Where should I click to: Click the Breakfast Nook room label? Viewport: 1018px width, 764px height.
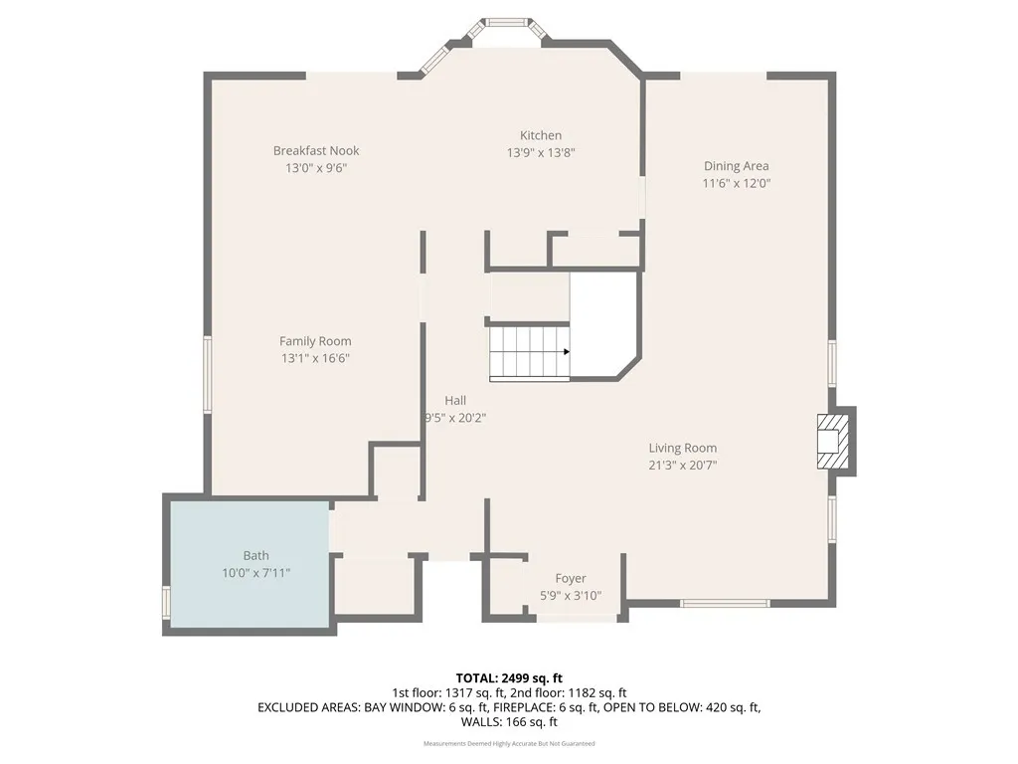316,150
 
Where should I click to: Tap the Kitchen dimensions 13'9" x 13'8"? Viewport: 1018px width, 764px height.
541,152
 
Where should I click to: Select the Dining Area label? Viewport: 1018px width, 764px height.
736,166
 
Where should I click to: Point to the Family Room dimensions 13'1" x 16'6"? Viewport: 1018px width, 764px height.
315,358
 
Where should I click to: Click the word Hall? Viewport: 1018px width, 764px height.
455,400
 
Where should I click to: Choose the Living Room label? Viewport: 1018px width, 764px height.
682,448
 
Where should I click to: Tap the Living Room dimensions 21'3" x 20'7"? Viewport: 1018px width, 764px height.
682,465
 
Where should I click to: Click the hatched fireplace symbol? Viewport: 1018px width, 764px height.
832,441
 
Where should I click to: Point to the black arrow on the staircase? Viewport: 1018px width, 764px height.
565,351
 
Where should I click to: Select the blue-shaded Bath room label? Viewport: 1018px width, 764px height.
255,555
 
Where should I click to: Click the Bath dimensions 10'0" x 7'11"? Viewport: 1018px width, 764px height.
255,573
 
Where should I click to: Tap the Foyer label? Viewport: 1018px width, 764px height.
570,578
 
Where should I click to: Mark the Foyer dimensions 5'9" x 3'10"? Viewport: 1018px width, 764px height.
570,596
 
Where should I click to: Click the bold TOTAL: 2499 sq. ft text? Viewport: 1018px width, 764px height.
509,677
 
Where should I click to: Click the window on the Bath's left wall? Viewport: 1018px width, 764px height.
167,603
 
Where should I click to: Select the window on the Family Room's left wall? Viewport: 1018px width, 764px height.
208,374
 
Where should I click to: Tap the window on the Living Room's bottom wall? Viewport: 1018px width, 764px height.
725,603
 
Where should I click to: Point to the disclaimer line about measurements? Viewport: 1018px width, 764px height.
509,743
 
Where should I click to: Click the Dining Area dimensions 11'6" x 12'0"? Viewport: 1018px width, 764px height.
736,183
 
